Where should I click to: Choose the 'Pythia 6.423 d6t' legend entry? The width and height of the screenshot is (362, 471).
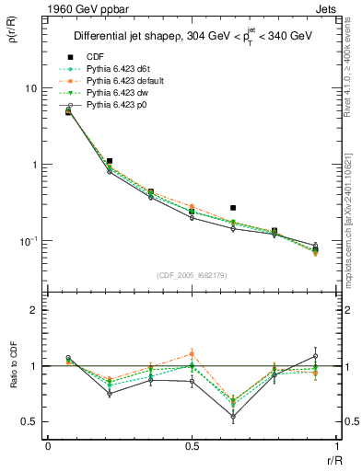123,68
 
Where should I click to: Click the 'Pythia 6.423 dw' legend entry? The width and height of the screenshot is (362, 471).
121,94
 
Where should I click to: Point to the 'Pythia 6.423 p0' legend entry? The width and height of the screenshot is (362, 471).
121,107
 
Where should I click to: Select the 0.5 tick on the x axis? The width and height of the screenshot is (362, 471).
191,447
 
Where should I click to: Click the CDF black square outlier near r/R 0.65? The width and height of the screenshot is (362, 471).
233,208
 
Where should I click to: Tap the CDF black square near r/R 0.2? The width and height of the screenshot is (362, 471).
109,161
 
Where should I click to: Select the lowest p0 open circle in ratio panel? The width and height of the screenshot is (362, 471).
233,417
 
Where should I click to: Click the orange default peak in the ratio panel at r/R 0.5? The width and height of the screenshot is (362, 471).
192,353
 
